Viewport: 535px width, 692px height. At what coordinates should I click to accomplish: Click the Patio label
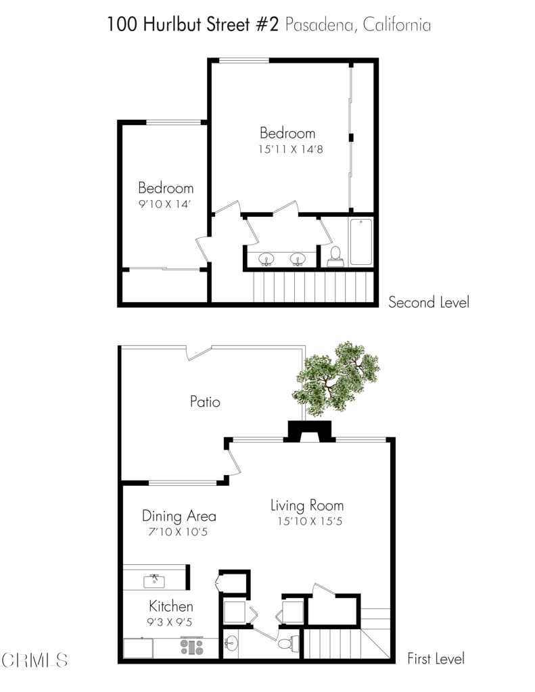click(x=205, y=401)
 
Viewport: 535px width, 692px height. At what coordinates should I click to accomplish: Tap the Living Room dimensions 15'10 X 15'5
click(x=310, y=521)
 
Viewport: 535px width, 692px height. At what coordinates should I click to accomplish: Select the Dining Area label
click(x=179, y=516)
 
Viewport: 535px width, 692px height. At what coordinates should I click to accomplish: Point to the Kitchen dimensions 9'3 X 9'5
click(x=170, y=622)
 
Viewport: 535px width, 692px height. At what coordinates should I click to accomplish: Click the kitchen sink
click(x=154, y=580)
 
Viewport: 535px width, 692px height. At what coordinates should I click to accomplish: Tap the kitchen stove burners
click(x=191, y=647)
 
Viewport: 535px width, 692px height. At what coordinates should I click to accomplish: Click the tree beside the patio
click(x=335, y=378)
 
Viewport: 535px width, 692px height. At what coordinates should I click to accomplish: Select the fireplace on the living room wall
click(x=309, y=432)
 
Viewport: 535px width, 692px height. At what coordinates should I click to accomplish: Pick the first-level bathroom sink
click(x=231, y=643)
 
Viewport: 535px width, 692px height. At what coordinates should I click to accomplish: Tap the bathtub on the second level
click(x=361, y=242)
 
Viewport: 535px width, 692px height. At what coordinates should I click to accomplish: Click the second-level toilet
click(x=335, y=256)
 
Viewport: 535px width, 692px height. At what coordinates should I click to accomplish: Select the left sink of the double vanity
click(x=266, y=259)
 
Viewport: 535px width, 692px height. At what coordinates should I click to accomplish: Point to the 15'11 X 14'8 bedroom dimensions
click(x=291, y=149)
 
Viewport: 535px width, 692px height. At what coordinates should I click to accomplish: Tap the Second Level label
click(x=429, y=302)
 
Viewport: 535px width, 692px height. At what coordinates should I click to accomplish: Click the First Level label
click(x=436, y=659)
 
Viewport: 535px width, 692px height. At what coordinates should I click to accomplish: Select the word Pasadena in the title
click(x=319, y=25)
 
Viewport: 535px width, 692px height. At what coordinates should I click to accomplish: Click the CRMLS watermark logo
click(x=34, y=660)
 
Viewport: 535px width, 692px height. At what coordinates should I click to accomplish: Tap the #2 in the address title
click(x=268, y=24)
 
